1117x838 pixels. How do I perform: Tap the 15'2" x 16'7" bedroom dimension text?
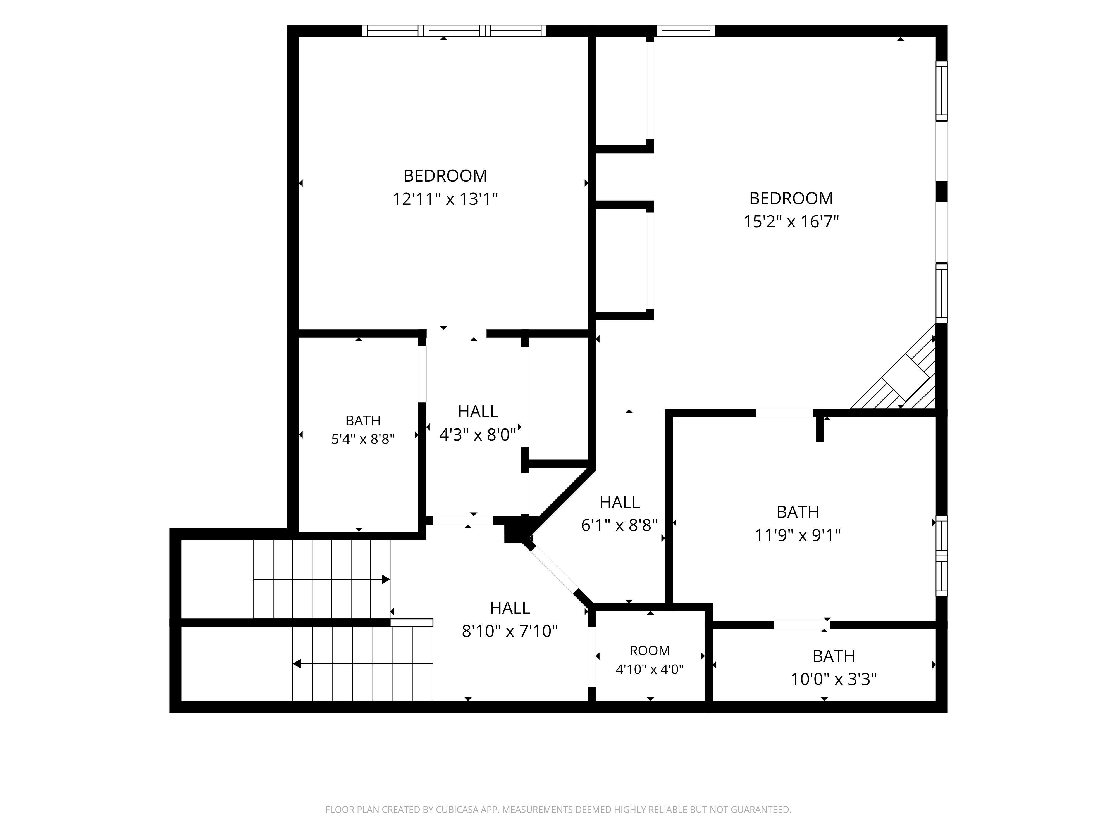pyautogui.click(x=791, y=222)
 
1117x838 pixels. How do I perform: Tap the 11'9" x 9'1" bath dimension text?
pyautogui.click(x=798, y=535)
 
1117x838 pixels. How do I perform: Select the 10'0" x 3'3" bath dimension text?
pyautogui.click(x=834, y=679)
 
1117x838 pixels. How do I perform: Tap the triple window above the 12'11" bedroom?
pyautogui.click(x=454, y=31)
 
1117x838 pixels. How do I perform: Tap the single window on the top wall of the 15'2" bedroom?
pyautogui.click(x=686, y=31)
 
